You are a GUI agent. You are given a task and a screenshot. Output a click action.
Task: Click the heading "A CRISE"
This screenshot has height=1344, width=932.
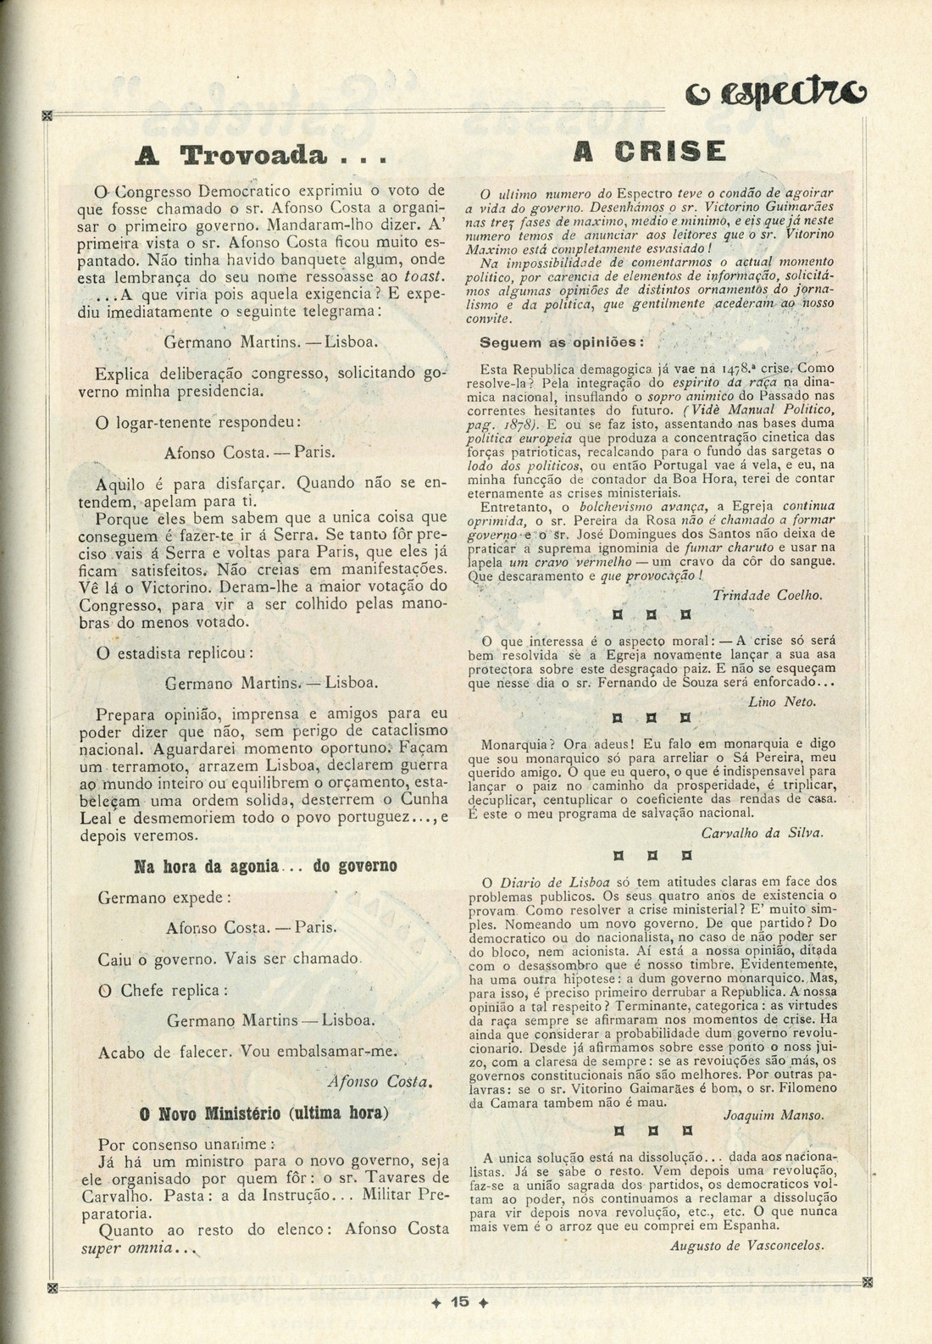tap(650, 152)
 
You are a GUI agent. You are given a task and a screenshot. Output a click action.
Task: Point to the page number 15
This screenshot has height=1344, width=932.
tap(460, 1302)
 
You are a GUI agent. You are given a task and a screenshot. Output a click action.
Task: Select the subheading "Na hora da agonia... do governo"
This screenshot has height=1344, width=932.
tap(265, 867)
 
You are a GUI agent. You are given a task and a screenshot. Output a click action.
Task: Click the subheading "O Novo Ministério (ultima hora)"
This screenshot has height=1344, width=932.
tap(264, 1113)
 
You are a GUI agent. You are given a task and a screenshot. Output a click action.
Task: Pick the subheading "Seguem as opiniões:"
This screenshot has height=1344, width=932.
tap(562, 343)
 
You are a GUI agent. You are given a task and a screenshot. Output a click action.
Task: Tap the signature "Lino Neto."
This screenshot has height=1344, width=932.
tap(782, 702)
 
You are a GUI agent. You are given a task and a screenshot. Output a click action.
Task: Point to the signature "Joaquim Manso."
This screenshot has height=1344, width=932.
tap(773, 1116)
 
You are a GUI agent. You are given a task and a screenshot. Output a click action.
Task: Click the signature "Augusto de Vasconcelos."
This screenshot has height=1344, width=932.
tap(746, 1245)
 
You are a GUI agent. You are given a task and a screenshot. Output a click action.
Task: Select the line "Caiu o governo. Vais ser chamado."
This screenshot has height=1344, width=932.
tap(230, 958)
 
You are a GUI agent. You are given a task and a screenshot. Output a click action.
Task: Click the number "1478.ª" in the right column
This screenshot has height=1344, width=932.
tap(745, 369)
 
